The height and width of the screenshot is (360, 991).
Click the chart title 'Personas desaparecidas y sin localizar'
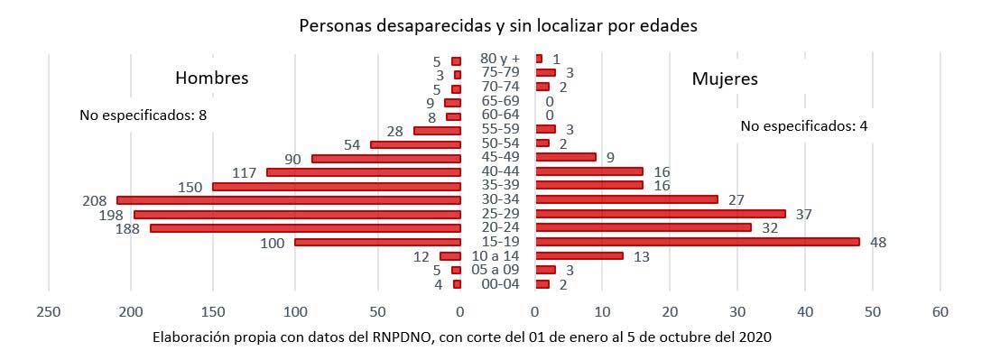pos(498,26)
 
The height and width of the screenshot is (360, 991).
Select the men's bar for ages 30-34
pos(289,200)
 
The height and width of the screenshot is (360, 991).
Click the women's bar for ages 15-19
pos(697,242)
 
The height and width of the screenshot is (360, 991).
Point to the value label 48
pos(878,242)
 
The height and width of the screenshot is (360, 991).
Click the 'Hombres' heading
pos(211,78)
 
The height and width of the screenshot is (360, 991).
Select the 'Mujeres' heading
pos(725,78)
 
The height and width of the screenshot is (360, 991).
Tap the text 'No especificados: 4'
pos(803,126)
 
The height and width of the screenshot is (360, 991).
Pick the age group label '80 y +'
pos(499,59)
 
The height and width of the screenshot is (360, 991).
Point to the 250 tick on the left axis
pos(48,311)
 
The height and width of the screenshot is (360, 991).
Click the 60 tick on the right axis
pos(940,311)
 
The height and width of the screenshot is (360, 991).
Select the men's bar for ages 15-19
pos(378,242)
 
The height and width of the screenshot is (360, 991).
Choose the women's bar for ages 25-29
pos(660,214)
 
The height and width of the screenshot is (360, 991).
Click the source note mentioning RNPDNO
pos(462,337)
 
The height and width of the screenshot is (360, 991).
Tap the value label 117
pos(244,172)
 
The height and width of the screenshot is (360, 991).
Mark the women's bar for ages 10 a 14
pos(579,256)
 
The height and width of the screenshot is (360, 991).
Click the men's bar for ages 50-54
pos(416,144)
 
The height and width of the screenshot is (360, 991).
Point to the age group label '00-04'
pos(499,284)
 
